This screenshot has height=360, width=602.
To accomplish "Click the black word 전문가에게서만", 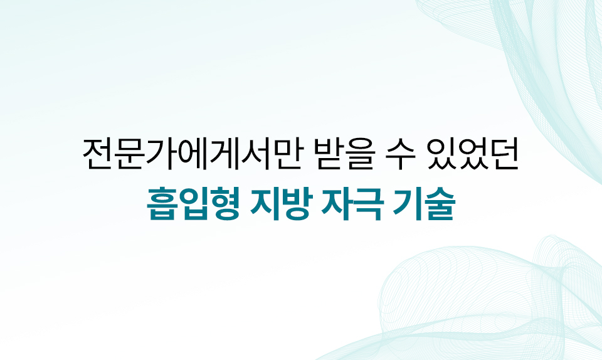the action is coord(191,154).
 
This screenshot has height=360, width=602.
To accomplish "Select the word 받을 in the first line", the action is coord(344,154).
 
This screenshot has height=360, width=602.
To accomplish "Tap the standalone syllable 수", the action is coord(401,154).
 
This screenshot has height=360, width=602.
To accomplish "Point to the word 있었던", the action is coord(473,154).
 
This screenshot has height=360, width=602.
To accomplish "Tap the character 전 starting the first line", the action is coord(98,154).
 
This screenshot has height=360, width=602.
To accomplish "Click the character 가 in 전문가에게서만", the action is coord(160,154).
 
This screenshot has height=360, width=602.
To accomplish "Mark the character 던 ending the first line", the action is coord(504,154).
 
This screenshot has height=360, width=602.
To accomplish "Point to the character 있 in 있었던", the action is coord(442,154).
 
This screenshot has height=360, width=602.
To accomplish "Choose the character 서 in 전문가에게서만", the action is coord(253,154).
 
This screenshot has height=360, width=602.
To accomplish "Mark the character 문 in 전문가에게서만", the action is coord(129,154).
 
